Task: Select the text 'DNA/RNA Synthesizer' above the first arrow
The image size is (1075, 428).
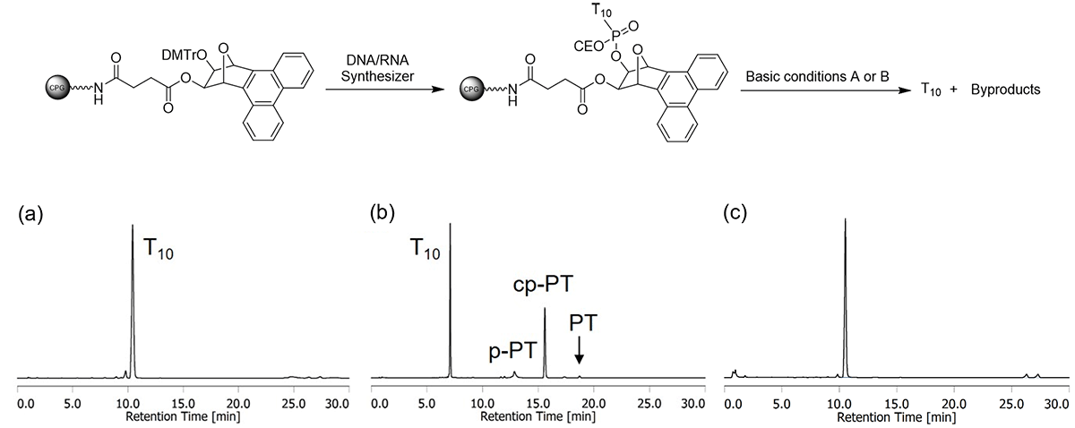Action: (x=375, y=68)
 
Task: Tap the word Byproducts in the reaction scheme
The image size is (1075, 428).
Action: (x=1005, y=90)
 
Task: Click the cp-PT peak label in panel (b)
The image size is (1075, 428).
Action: (x=544, y=285)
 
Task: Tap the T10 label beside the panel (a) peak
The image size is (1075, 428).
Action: (x=158, y=251)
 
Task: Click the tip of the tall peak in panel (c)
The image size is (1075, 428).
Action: (x=845, y=218)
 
